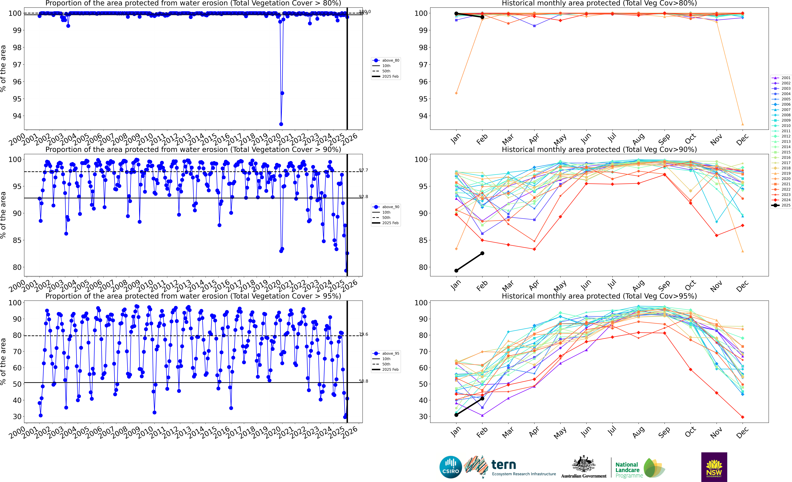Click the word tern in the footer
click(504, 465)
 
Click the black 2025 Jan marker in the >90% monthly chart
click(456, 271)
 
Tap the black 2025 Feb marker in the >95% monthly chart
click(482, 398)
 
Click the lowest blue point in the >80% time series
click(281, 124)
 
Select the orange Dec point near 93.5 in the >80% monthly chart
click(742, 124)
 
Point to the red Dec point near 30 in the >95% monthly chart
click(742, 417)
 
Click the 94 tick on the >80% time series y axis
click(17, 116)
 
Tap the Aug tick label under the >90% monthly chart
click(638, 285)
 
